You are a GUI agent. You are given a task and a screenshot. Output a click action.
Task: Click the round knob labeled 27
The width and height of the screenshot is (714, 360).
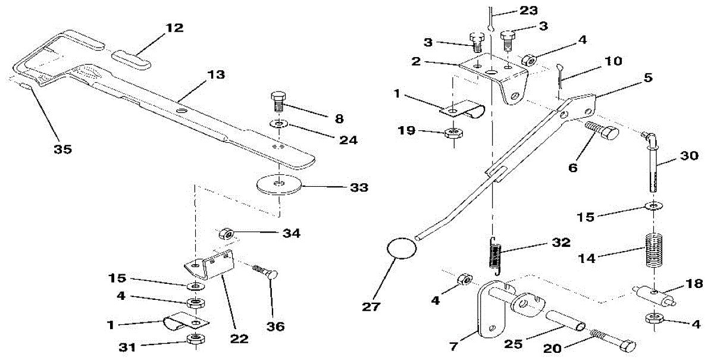click(399, 248)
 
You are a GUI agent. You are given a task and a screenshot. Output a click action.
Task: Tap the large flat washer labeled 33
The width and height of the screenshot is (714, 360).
click(278, 184)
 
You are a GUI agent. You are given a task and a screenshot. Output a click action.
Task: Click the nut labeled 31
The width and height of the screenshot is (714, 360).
click(194, 340)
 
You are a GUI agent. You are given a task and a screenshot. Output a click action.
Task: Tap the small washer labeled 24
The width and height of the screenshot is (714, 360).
click(279, 124)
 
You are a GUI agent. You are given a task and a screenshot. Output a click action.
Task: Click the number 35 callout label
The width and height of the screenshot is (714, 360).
click(62, 149)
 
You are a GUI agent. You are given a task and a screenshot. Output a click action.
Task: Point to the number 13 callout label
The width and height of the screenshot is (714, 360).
click(216, 75)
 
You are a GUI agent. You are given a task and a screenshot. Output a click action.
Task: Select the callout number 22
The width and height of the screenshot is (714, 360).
click(239, 339)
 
